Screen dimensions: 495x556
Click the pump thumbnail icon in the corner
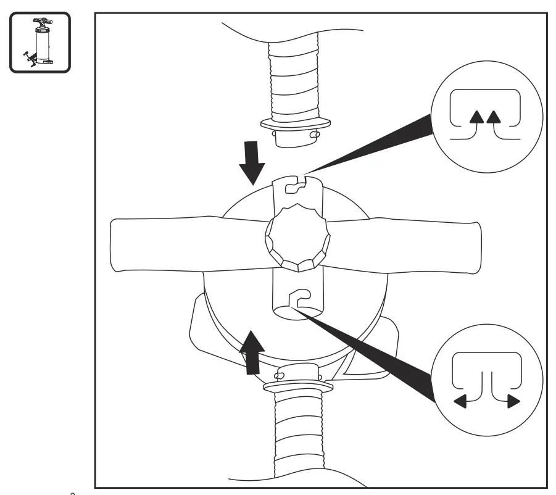[40, 41]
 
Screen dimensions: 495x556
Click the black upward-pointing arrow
[252, 352]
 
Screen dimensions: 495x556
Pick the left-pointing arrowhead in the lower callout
[460, 402]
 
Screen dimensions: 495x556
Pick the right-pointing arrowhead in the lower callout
[513, 402]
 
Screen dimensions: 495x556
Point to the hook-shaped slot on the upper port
[296, 181]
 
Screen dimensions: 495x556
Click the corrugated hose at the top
[294, 80]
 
